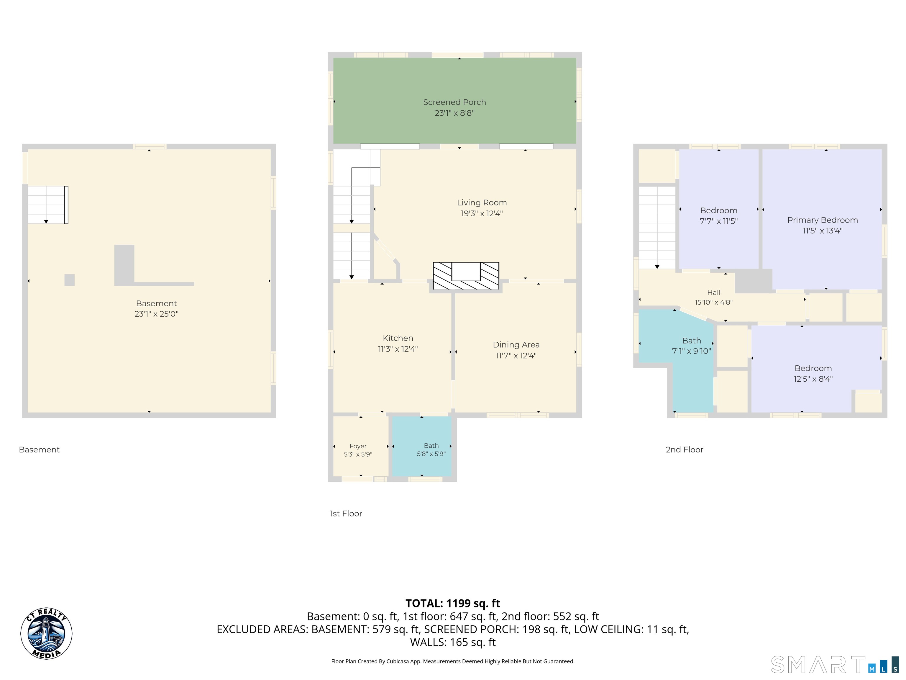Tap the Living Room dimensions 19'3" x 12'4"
(482, 214)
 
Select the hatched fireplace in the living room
(466, 276)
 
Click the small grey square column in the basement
(70, 280)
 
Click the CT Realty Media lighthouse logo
(46, 634)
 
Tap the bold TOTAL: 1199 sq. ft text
(453, 603)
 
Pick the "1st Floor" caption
(346, 514)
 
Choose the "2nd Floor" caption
(685, 450)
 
